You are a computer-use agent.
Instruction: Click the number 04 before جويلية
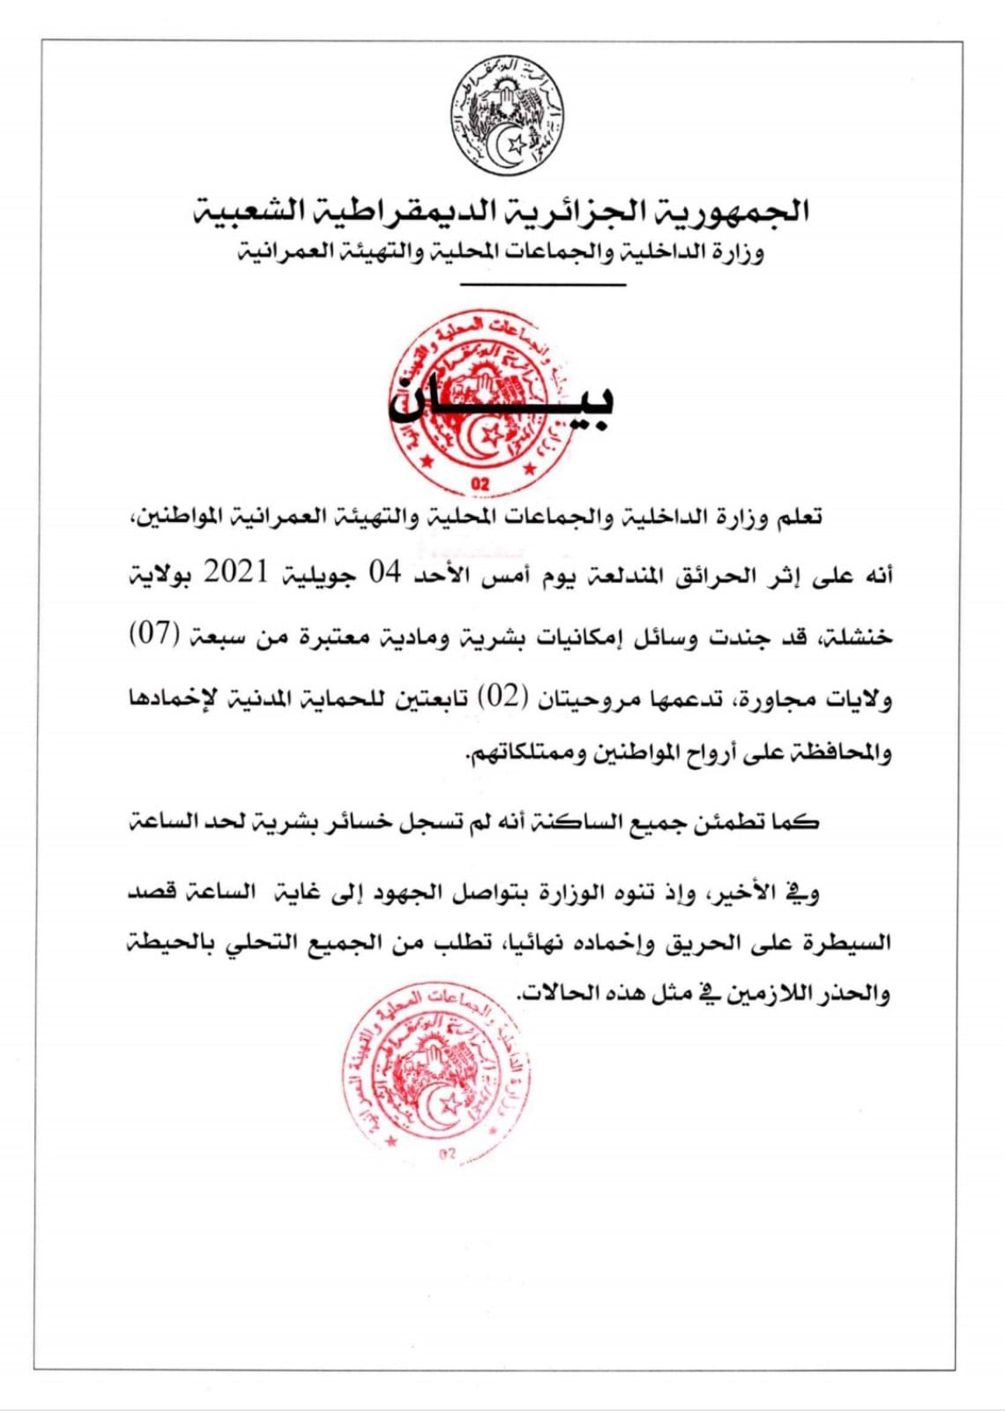tap(384, 574)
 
